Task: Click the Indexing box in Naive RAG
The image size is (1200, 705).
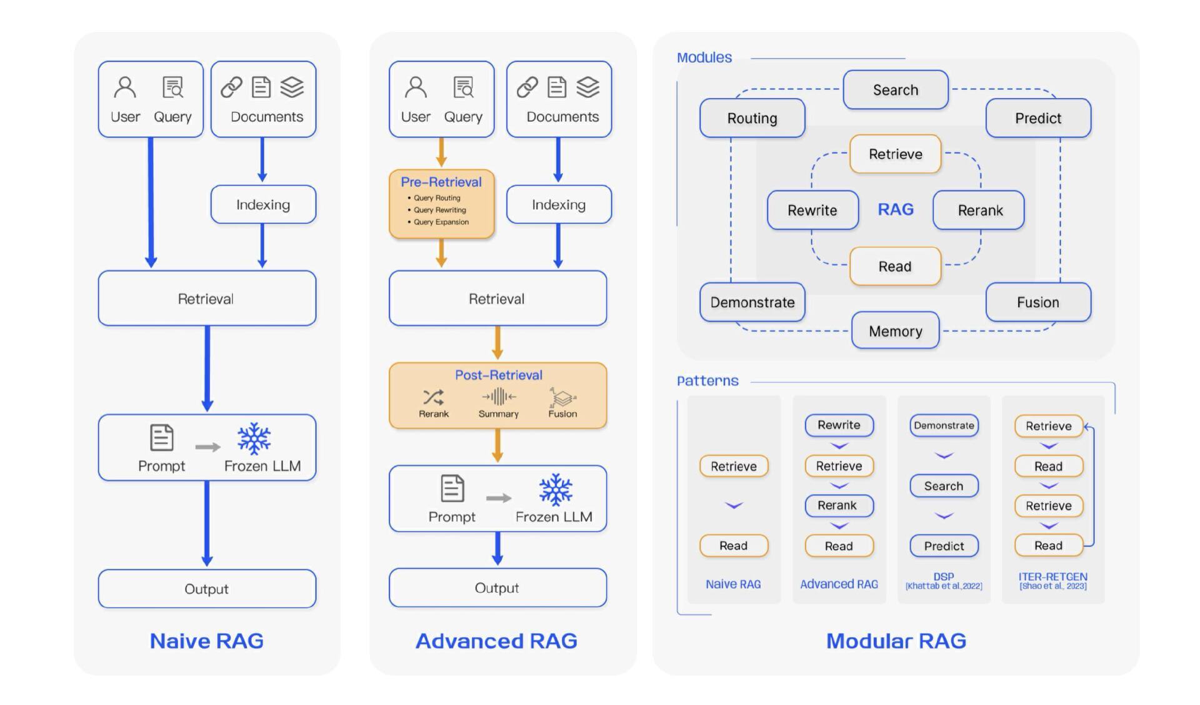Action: (x=263, y=204)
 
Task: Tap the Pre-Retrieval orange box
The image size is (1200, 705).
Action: (x=441, y=204)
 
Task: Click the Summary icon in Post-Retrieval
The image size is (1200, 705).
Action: (x=498, y=397)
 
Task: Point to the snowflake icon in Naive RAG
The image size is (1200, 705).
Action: (x=254, y=438)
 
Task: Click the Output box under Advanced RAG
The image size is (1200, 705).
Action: (x=497, y=588)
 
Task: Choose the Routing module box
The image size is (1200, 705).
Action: (x=752, y=118)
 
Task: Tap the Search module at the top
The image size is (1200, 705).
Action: (x=895, y=90)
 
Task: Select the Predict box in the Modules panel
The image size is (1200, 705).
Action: (x=1038, y=118)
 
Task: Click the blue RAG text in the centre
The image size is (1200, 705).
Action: (x=895, y=209)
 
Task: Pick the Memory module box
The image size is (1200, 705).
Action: (x=895, y=331)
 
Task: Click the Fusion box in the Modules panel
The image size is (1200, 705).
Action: (x=1038, y=302)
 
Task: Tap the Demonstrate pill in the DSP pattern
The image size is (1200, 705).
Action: (x=944, y=425)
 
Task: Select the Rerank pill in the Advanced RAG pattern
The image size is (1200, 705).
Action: (x=838, y=505)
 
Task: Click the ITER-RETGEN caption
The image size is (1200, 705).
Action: (x=1052, y=577)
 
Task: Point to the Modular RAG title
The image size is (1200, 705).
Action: (x=896, y=641)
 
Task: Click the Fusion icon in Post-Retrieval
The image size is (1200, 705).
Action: (x=562, y=397)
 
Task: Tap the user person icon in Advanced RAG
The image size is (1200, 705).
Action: (x=416, y=87)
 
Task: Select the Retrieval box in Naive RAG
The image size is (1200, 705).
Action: (x=207, y=298)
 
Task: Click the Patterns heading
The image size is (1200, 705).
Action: (x=707, y=381)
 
